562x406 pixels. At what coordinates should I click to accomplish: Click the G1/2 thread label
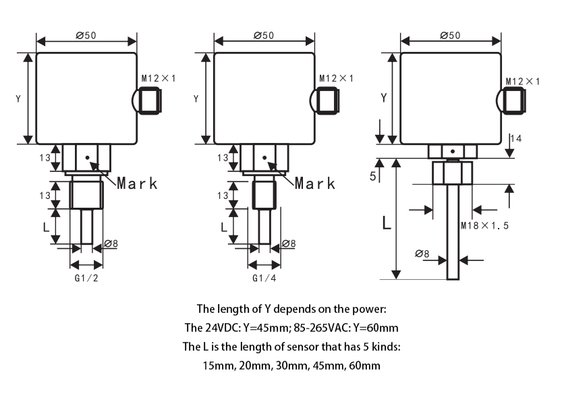[86, 279]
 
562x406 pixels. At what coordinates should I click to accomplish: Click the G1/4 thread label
[264, 279]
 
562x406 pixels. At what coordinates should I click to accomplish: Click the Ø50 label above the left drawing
[86, 36]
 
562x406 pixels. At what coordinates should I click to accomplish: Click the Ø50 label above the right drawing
[450, 35]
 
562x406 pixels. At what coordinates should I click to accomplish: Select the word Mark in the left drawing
[137, 183]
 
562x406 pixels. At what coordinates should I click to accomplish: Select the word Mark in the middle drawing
[315, 183]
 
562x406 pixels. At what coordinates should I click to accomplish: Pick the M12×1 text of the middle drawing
[336, 79]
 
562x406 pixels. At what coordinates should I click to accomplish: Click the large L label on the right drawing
[387, 223]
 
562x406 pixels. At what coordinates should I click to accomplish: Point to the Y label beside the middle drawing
[196, 98]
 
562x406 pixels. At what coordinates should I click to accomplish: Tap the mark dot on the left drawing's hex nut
[87, 159]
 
